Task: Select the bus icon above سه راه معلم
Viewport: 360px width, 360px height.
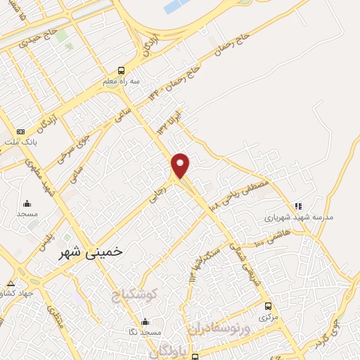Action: [x=122, y=70]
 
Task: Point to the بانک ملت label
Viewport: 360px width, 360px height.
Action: [x=20, y=142]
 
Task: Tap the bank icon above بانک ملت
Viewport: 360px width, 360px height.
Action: [x=20, y=131]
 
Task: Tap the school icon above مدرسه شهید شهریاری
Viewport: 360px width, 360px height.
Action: [x=298, y=206]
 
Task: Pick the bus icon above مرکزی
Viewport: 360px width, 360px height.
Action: [x=268, y=306]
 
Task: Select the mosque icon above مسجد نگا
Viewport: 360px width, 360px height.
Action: [x=145, y=321]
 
